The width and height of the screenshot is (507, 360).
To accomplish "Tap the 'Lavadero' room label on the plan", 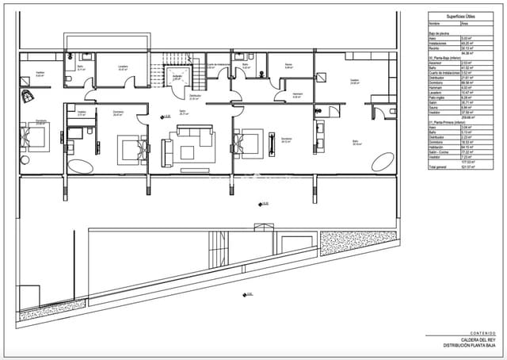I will tap(123, 67).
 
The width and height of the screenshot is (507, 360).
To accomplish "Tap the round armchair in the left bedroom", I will tap(28, 95).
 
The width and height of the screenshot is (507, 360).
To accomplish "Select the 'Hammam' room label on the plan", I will tap(298, 94).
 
